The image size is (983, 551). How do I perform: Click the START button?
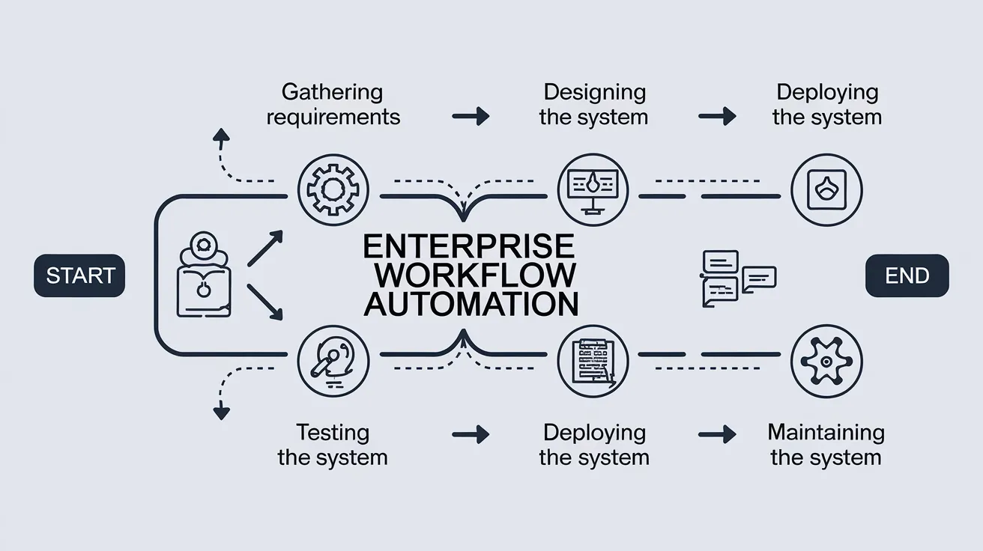click(79, 275)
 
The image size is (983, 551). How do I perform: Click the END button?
click(907, 275)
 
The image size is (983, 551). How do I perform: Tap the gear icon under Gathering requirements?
click(333, 190)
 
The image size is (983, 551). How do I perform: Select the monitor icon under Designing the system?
click(593, 190)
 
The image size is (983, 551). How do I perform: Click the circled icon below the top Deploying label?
click(826, 190)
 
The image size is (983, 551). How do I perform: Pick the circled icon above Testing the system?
click(333, 360)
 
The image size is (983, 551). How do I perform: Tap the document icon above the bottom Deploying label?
click(593, 360)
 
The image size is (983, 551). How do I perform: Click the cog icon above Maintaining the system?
click(826, 360)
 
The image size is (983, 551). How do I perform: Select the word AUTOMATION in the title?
click(471, 303)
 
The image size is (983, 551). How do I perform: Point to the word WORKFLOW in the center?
click(475, 275)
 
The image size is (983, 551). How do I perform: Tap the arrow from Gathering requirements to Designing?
click(471, 116)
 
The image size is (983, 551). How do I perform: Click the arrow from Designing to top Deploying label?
click(717, 116)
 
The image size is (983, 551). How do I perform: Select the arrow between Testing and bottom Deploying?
click(471, 434)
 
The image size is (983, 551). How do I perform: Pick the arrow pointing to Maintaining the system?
click(717, 434)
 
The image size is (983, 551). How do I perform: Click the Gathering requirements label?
click(333, 104)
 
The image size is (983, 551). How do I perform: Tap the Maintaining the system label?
click(826, 445)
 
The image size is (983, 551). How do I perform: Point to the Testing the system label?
click(333, 445)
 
